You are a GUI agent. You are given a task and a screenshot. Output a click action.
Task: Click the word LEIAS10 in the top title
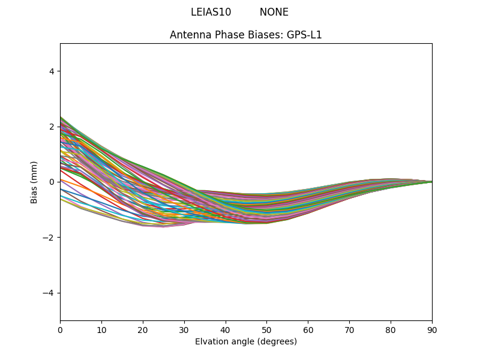coord(211,12)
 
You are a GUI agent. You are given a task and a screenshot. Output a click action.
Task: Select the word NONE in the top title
coord(274,12)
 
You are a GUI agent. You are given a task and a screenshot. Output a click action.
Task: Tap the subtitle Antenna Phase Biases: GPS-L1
coord(246,35)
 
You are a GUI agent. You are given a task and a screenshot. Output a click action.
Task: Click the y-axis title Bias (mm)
coord(34,182)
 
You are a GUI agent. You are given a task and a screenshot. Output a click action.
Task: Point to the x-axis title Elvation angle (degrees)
coord(246,341)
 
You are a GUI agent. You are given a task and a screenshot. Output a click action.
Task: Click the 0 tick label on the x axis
coord(60,329)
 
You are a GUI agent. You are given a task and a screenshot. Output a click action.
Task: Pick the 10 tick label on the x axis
coord(101,329)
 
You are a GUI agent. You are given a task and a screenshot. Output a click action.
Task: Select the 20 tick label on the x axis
coord(143,329)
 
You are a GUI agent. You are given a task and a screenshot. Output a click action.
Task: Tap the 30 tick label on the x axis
coord(184,329)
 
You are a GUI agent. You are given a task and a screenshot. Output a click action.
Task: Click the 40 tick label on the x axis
coord(226,329)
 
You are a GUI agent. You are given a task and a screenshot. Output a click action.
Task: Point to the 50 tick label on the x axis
coord(266,329)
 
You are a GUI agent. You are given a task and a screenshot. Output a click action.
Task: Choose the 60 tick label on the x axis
coord(308,329)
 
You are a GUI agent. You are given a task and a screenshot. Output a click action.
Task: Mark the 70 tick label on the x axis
coord(349,329)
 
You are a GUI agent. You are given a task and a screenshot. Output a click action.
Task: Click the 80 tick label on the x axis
coord(391,329)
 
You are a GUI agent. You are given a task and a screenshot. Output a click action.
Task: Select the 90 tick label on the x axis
coord(432,329)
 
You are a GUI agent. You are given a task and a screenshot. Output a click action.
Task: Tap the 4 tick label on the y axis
coord(52,71)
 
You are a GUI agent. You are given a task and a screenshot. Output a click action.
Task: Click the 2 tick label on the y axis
coord(52,127)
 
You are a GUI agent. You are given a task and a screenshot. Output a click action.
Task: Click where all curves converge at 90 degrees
coord(431,181)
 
